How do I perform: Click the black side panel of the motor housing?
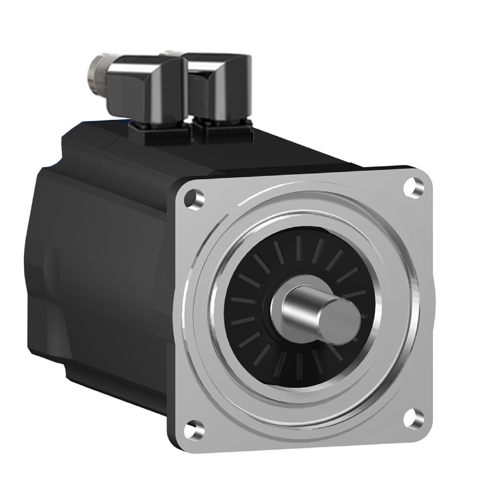98,270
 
